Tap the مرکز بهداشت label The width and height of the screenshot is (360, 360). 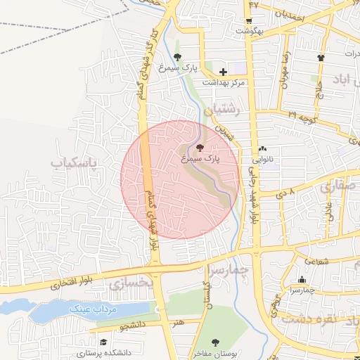(x=224, y=82)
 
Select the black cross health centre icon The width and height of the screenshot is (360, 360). (x=223, y=71)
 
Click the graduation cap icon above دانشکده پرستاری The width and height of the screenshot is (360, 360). (x=103, y=341)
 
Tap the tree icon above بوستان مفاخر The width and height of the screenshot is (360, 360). (x=215, y=342)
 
